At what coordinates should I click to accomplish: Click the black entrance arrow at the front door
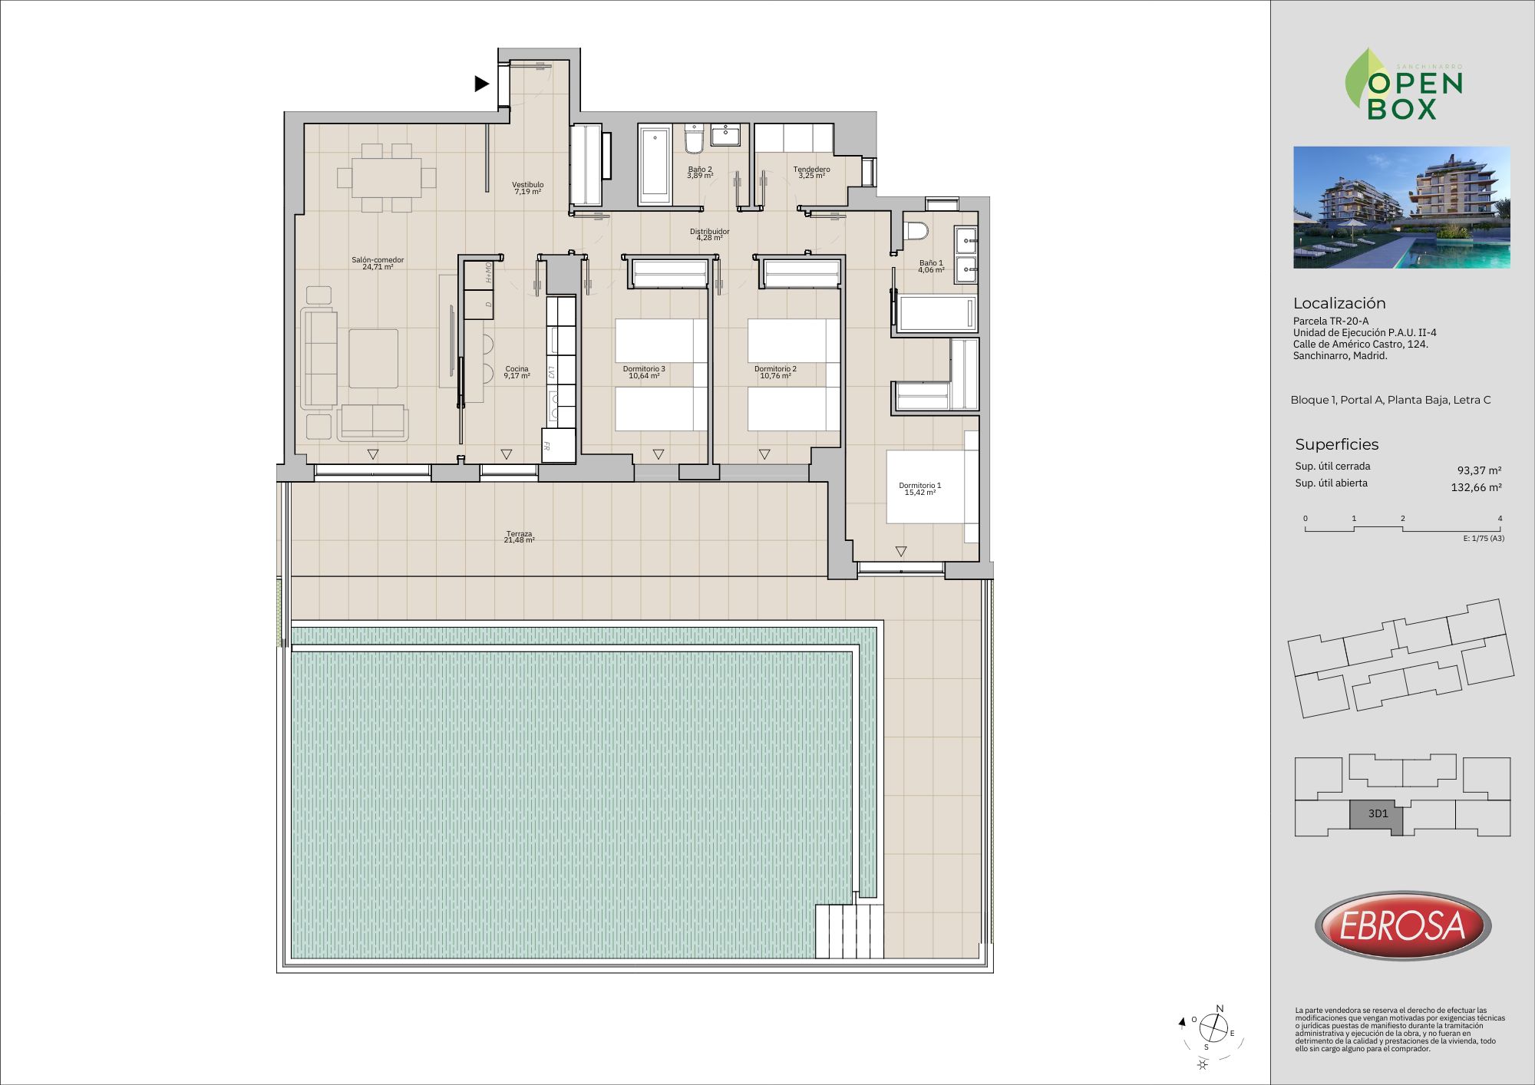click(481, 84)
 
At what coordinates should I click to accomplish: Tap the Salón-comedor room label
click(378, 263)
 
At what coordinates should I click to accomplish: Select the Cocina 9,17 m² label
click(517, 372)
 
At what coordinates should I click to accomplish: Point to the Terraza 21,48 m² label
click(519, 537)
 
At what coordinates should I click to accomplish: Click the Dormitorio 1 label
click(919, 489)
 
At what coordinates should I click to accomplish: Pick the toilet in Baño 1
click(916, 230)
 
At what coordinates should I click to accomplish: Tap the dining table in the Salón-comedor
click(387, 177)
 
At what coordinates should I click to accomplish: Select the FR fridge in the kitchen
click(558, 445)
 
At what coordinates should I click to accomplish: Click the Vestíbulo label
click(528, 188)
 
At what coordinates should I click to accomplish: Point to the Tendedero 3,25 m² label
click(811, 173)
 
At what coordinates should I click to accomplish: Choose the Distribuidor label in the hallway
click(709, 234)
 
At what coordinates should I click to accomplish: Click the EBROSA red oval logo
click(1402, 925)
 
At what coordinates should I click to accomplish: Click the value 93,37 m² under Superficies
click(1479, 470)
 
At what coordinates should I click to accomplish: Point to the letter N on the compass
click(1220, 1009)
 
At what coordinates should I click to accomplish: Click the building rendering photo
click(1401, 207)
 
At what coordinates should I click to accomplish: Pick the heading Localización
click(1339, 303)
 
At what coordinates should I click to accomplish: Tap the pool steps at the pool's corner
click(849, 931)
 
